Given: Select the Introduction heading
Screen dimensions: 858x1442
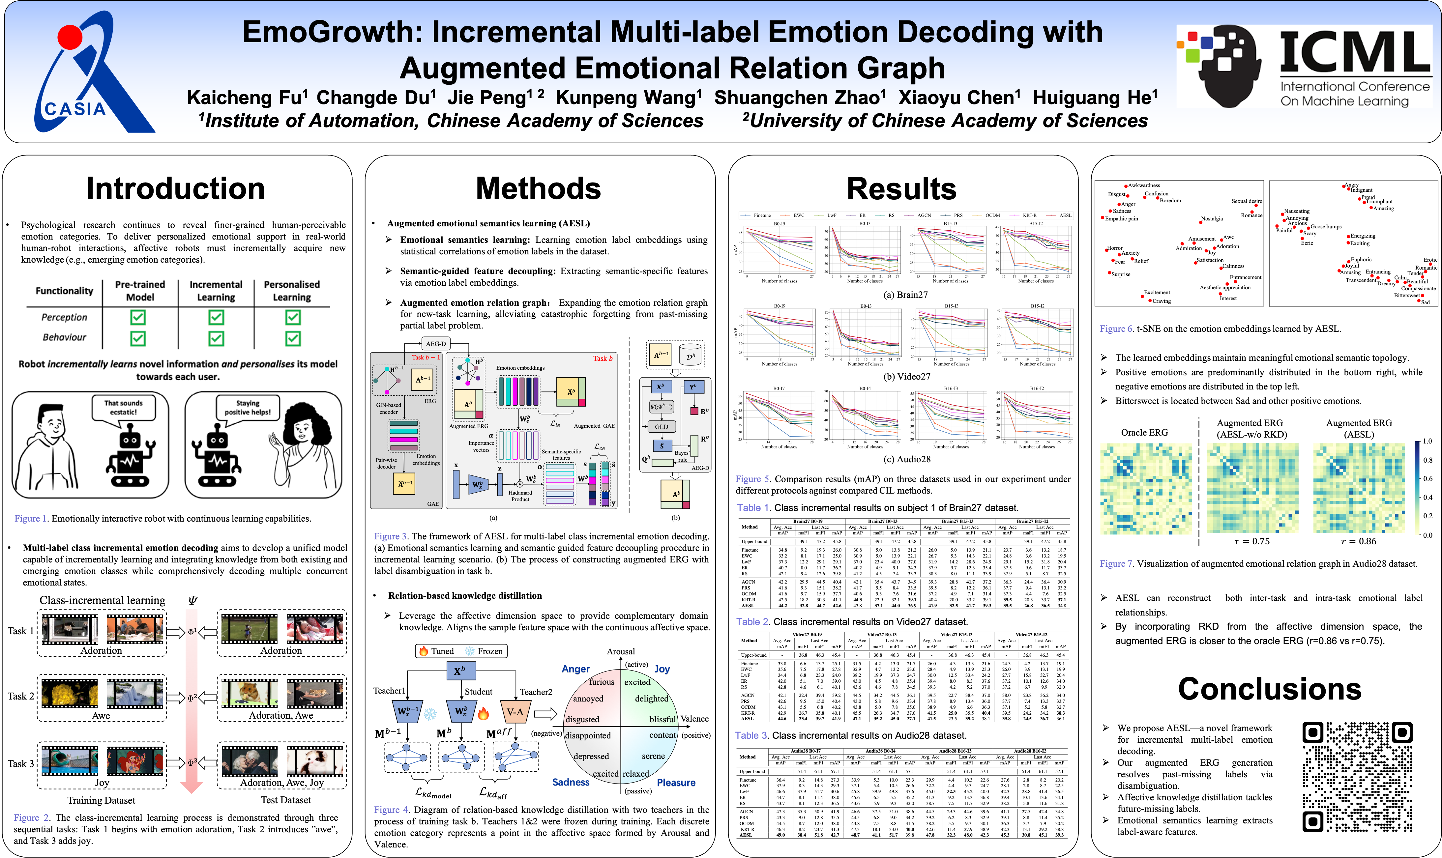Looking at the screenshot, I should point(175,188).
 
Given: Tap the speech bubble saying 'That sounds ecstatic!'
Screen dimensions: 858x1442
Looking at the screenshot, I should point(124,408).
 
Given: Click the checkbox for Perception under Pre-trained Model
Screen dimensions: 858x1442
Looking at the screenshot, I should point(138,317).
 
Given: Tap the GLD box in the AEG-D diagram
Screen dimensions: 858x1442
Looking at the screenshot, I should point(662,427).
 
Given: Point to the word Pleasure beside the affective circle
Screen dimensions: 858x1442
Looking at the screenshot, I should point(676,782).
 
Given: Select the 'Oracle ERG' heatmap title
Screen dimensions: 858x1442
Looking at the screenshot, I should point(1144,433).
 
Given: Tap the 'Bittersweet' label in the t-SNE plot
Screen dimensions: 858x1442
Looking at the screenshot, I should point(1406,296).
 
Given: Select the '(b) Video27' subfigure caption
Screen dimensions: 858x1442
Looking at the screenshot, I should point(906,376).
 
